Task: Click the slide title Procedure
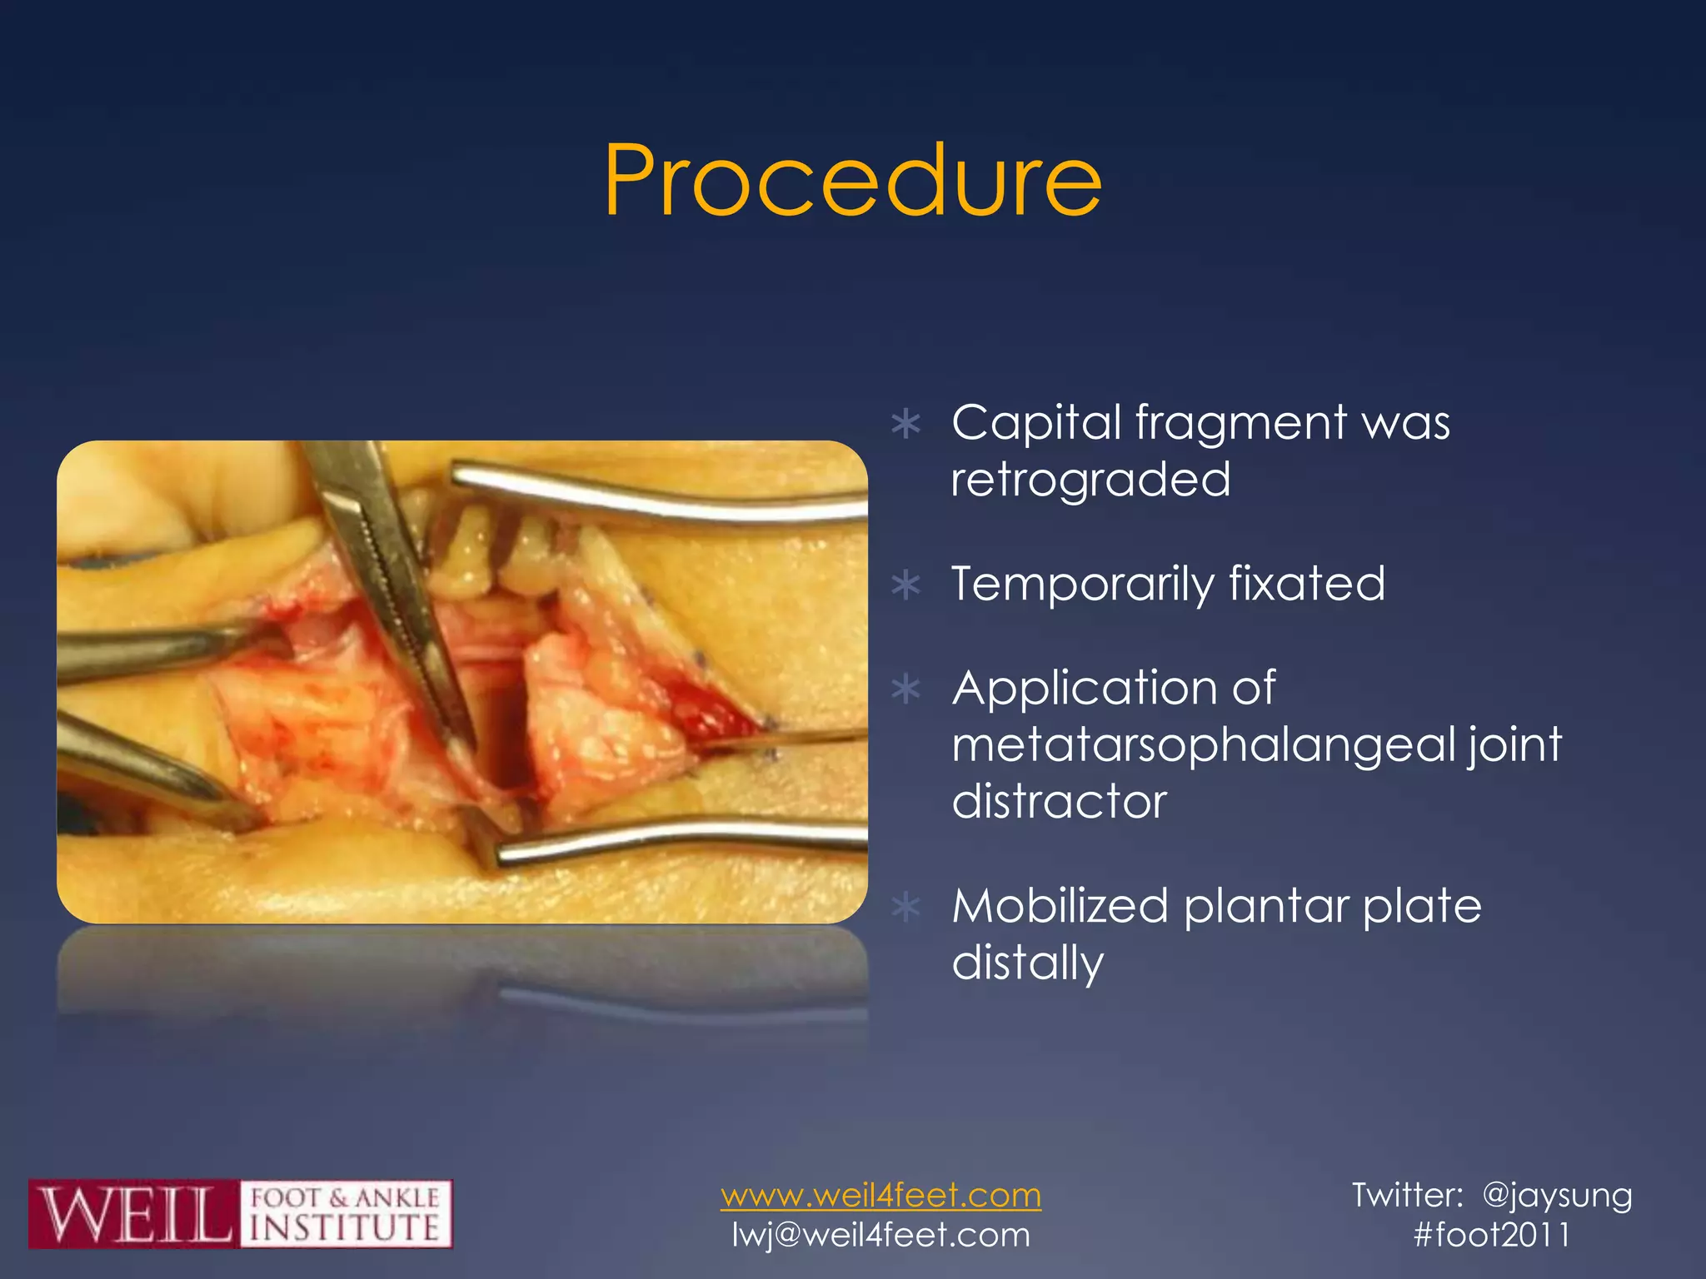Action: (x=853, y=181)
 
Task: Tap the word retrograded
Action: (x=1090, y=480)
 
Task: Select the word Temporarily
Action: (x=1082, y=585)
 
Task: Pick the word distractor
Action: (x=1059, y=801)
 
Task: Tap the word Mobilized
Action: (x=1059, y=906)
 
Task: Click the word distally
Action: (x=1027, y=963)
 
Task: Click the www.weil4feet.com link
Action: (x=880, y=1196)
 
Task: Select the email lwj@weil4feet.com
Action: (x=880, y=1235)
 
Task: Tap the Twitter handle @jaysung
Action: (x=1557, y=1196)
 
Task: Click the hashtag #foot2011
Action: (x=1492, y=1235)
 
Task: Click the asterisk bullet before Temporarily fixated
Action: (x=905, y=585)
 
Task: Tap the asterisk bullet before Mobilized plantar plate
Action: (x=905, y=908)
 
